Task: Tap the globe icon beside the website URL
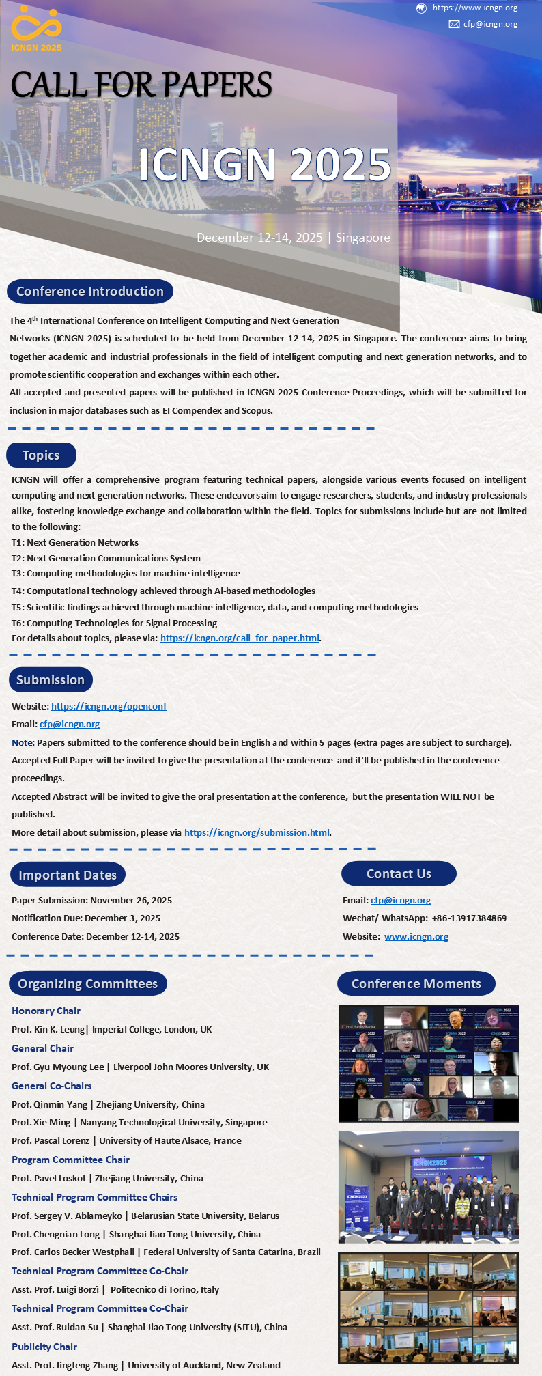[421, 8]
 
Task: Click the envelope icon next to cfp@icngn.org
[454, 24]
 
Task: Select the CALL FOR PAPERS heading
[141, 85]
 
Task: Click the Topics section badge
[41, 455]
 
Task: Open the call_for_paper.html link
[240, 638]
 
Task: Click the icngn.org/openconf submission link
[109, 706]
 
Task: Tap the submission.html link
[257, 832]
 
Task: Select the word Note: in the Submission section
[23, 742]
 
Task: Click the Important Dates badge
[68, 875]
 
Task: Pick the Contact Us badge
[399, 874]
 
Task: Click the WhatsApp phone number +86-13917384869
[469, 918]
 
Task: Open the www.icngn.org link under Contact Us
[416, 937]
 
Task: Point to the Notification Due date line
[86, 918]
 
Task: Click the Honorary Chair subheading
[46, 1011]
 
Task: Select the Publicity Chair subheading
[44, 1347]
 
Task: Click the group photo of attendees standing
[429, 1187]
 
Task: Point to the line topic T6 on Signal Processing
[114, 623]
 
